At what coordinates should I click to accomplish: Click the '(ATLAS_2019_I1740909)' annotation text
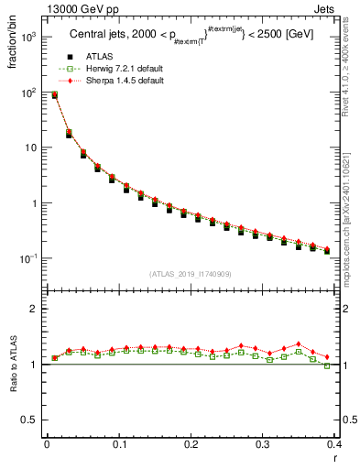[x=190, y=274]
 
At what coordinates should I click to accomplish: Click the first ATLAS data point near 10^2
[x=55, y=95]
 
